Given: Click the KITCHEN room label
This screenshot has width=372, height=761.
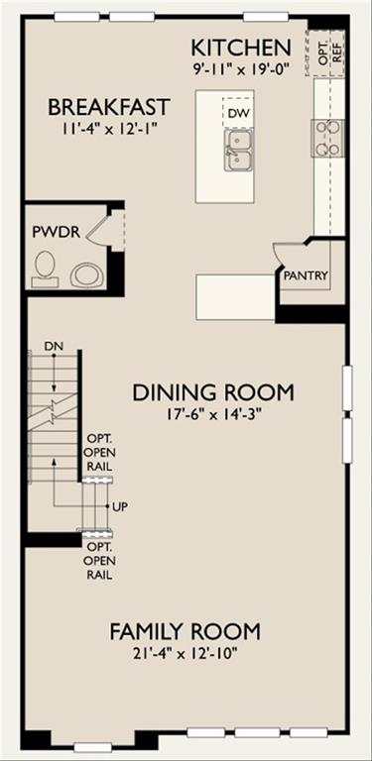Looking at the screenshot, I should [x=240, y=47].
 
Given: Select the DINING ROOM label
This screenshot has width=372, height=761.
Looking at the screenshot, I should [x=213, y=392].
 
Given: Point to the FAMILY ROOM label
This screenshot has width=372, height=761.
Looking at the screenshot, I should [x=185, y=631].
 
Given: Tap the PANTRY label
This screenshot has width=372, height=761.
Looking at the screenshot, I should [x=306, y=276].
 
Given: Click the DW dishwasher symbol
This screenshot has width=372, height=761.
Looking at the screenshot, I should [x=237, y=113].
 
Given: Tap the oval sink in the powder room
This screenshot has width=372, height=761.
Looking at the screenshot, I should [x=86, y=274].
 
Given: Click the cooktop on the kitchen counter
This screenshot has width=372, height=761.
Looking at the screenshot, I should [x=327, y=137].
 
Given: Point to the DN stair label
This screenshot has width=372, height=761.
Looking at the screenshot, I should [x=54, y=346].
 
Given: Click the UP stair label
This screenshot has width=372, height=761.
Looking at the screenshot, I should [x=122, y=507].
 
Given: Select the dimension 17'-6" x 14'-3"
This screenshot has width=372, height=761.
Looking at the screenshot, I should [x=213, y=415].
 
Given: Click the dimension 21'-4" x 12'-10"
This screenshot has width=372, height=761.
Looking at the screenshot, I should [x=185, y=653].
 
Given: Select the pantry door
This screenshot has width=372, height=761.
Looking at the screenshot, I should [x=283, y=258].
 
